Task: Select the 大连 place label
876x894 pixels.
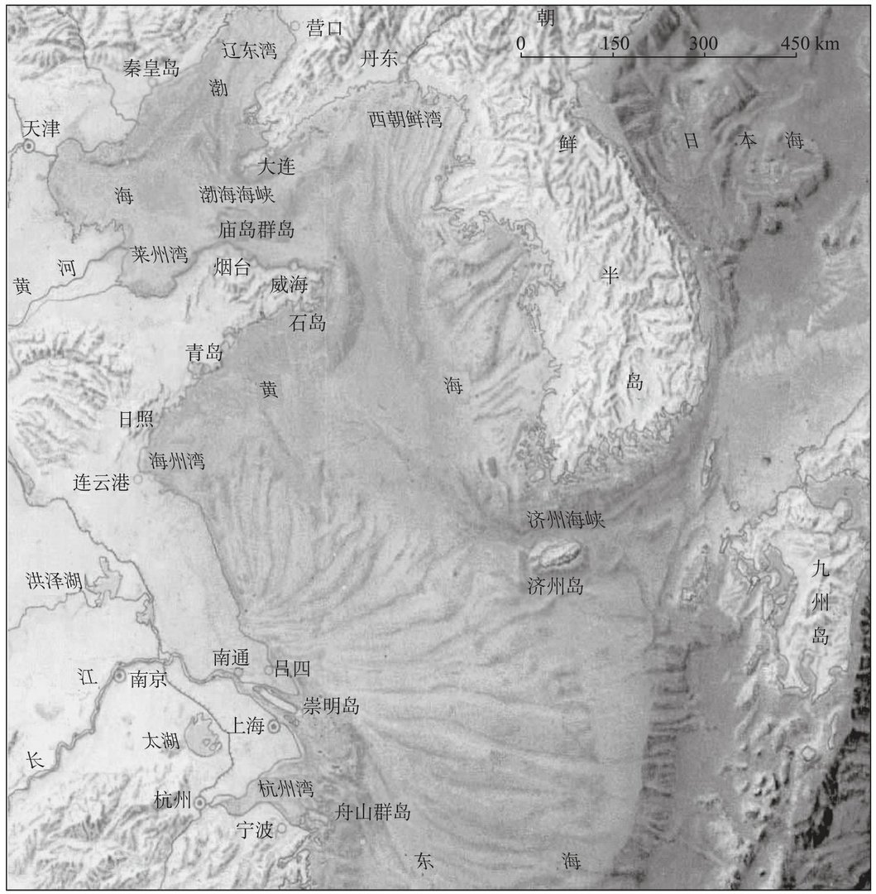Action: coord(275,166)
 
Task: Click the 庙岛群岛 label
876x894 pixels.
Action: coord(256,228)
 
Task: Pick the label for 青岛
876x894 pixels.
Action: coord(203,353)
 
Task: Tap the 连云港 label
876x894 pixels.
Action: coord(101,483)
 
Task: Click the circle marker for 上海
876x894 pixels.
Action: coord(274,726)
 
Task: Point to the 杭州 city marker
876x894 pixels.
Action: coord(200,801)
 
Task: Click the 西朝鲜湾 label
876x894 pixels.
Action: coord(405,119)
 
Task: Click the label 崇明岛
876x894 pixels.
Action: coord(330,705)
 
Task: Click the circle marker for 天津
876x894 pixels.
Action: coord(29,147)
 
